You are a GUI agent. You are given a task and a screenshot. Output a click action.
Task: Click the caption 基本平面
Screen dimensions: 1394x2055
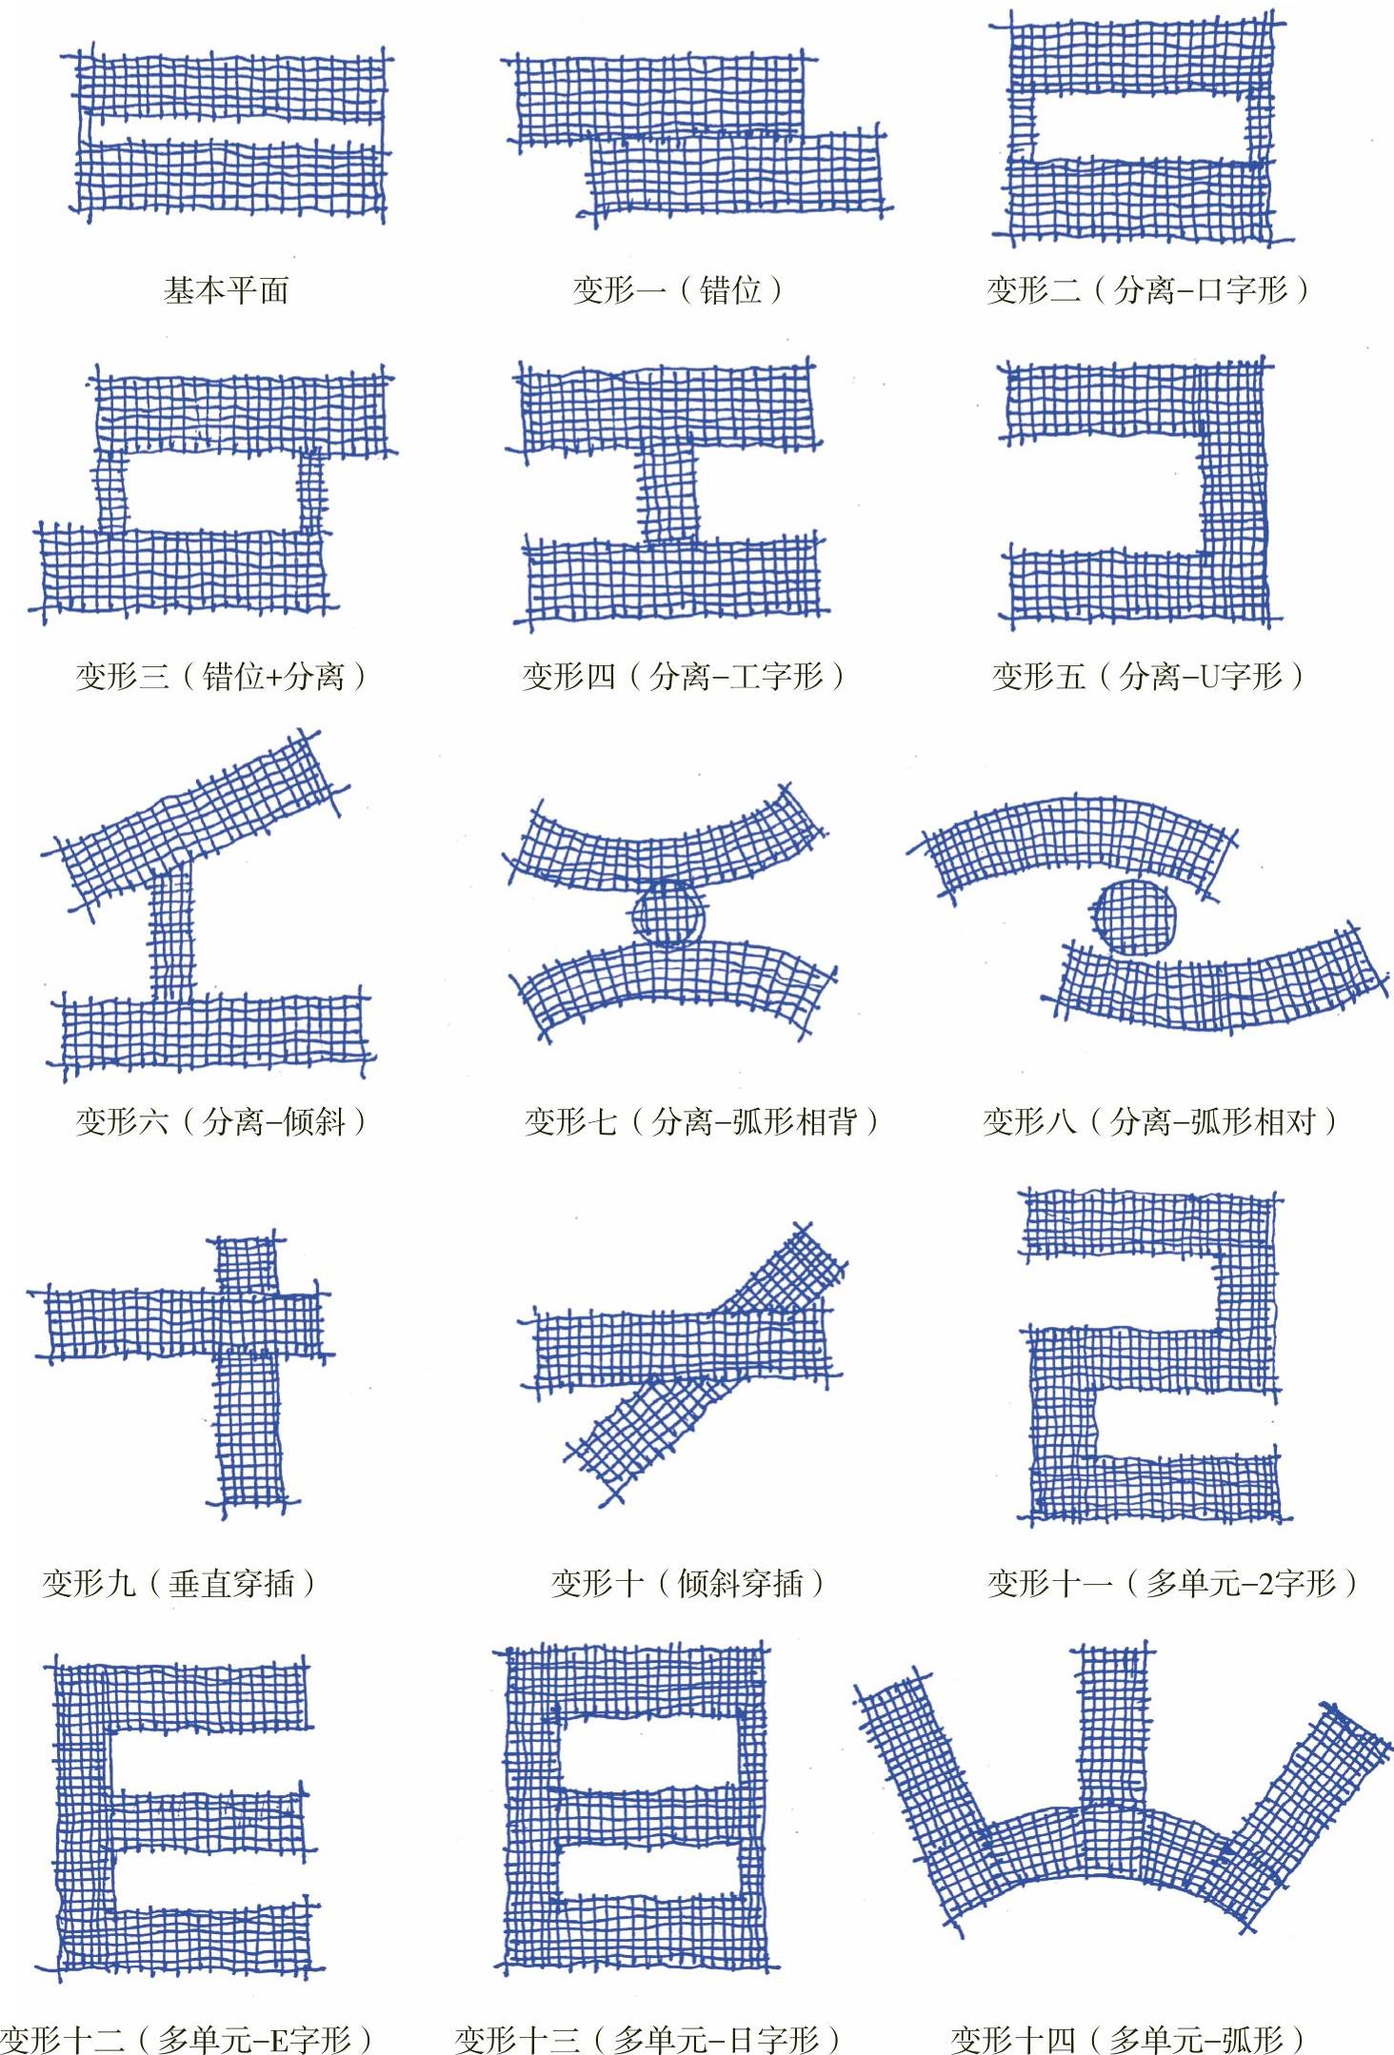point(226,289)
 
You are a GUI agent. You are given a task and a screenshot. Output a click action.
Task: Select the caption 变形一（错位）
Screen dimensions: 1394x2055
point(678,289)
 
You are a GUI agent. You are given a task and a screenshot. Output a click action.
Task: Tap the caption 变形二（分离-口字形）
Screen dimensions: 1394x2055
point(1148,289)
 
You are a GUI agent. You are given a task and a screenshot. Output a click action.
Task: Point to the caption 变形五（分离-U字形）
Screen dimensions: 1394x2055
point(1148,677)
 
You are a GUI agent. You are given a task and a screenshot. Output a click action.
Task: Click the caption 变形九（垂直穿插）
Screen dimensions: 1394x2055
point(179,1583)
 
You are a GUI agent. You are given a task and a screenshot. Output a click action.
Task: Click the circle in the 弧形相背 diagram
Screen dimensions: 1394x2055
point(669,914)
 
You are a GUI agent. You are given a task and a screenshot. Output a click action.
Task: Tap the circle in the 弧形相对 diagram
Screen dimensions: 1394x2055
point(1133,915)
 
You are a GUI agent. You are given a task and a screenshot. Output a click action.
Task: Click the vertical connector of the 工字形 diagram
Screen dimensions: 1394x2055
point(668,494)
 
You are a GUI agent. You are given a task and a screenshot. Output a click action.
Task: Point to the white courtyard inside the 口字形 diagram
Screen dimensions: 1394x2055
point(1139,127)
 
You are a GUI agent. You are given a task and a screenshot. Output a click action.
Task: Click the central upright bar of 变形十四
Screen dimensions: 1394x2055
point(1113,1728)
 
